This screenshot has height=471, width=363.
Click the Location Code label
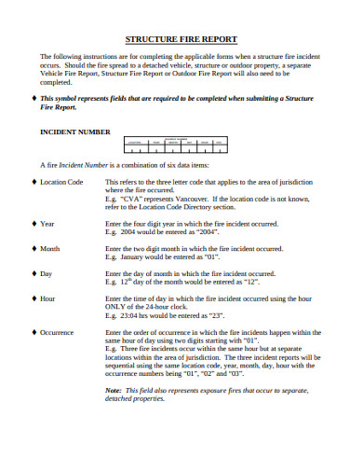(62, 182)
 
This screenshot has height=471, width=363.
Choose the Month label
(51, 249)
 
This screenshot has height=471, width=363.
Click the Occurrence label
(58, 331)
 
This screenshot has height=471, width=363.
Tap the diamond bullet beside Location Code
(34, 182)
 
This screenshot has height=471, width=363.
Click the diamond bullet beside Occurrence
(34, 331)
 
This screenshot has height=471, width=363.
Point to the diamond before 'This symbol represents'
(34, 98)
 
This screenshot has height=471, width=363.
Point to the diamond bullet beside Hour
(34, 298)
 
